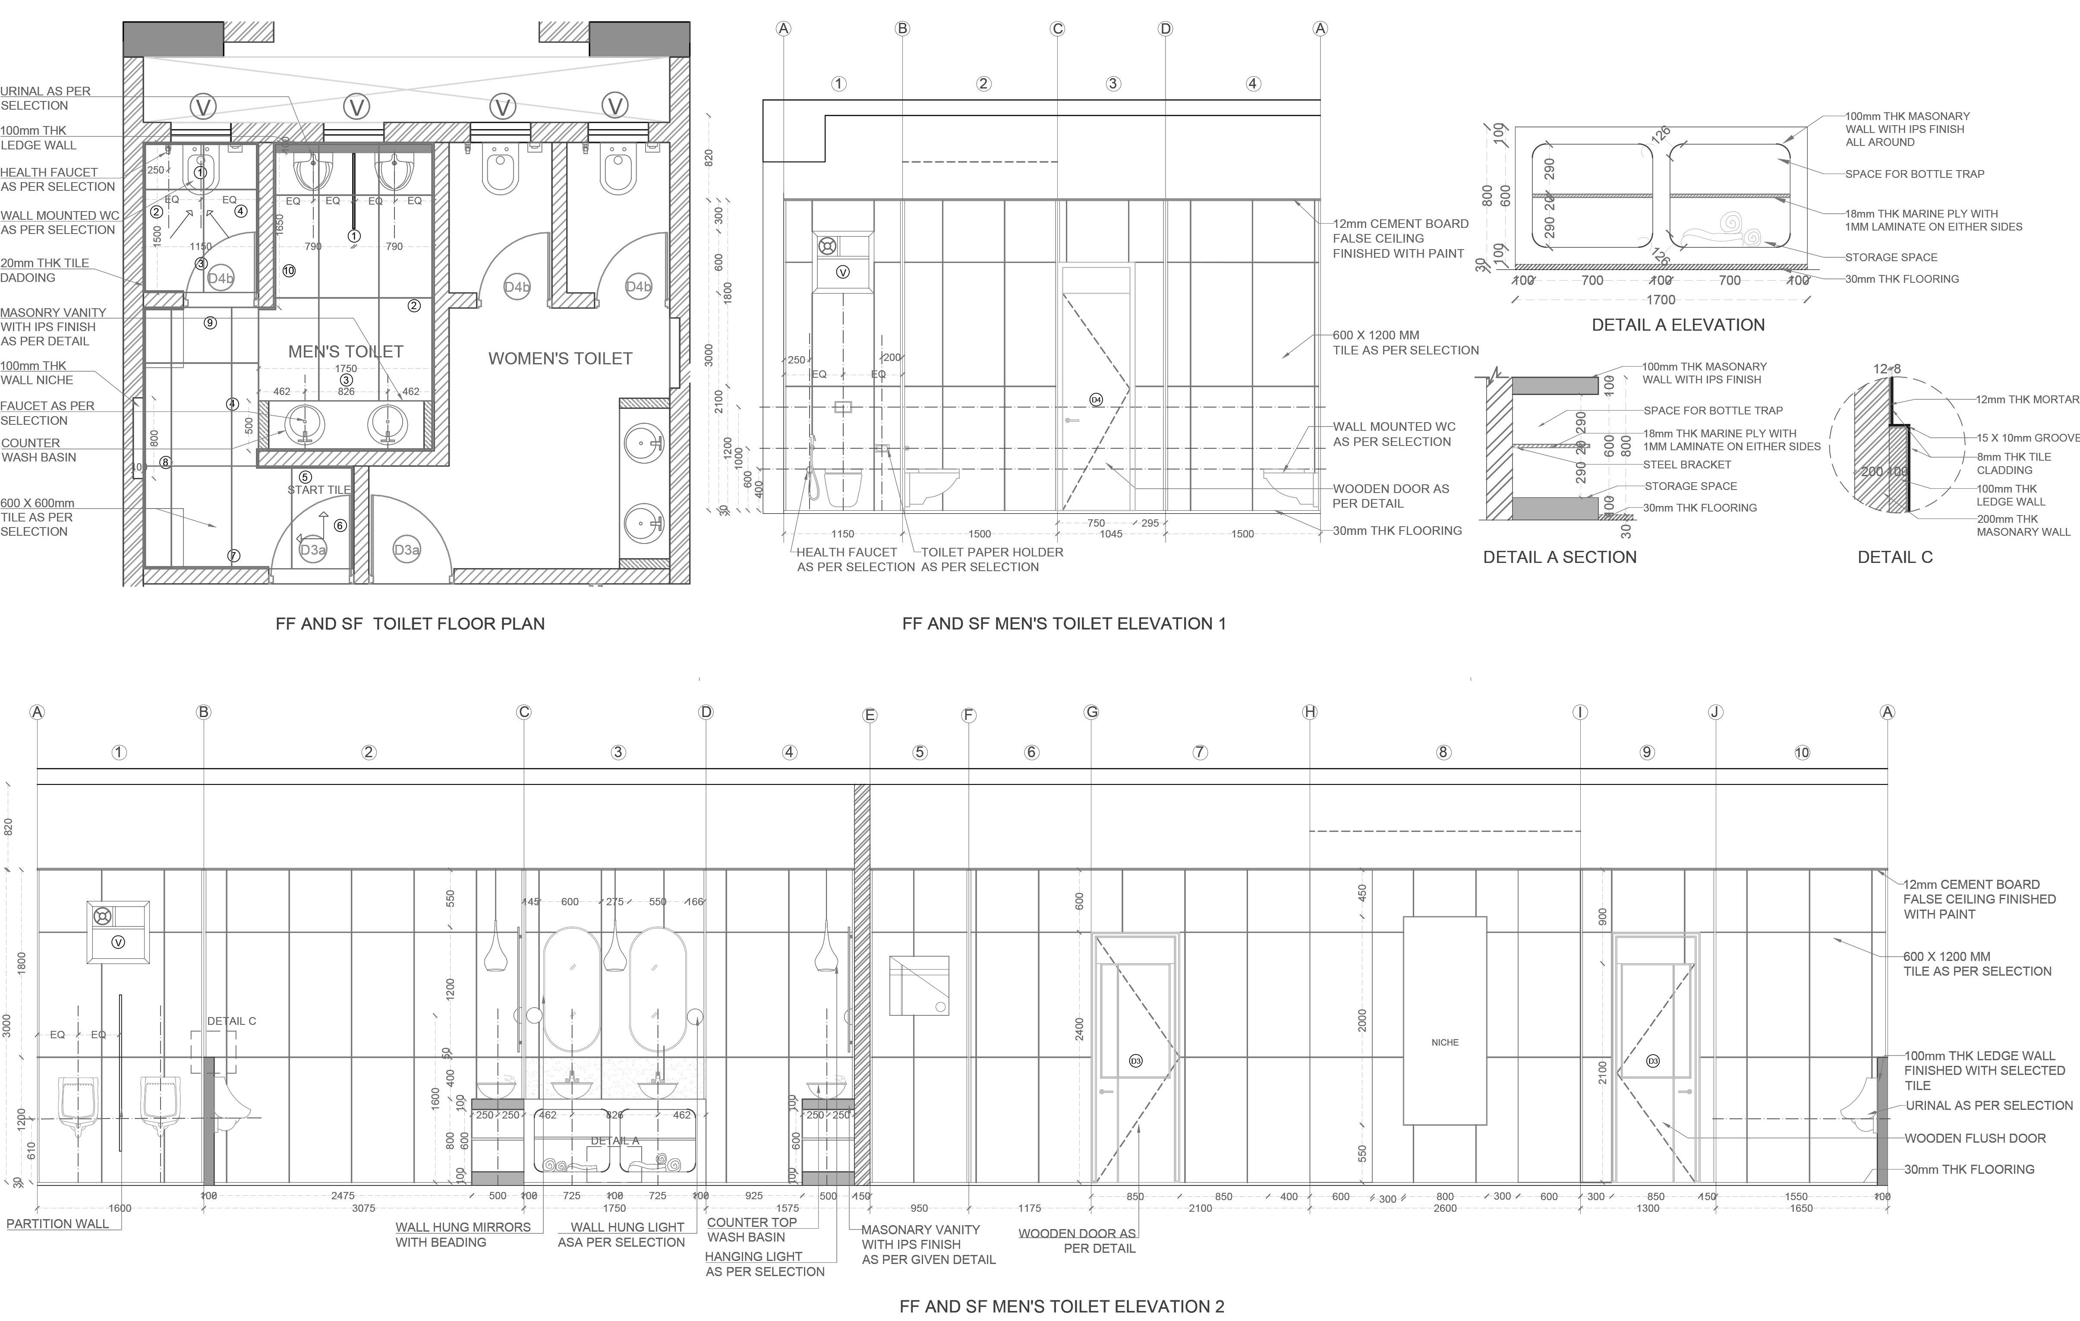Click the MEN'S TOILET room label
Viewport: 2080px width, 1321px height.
346,352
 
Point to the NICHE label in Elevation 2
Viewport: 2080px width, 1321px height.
1444,1043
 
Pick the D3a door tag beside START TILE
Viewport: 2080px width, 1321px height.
313,550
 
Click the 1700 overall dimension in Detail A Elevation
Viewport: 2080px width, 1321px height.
1660,300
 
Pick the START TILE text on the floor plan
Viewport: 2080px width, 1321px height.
319,490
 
